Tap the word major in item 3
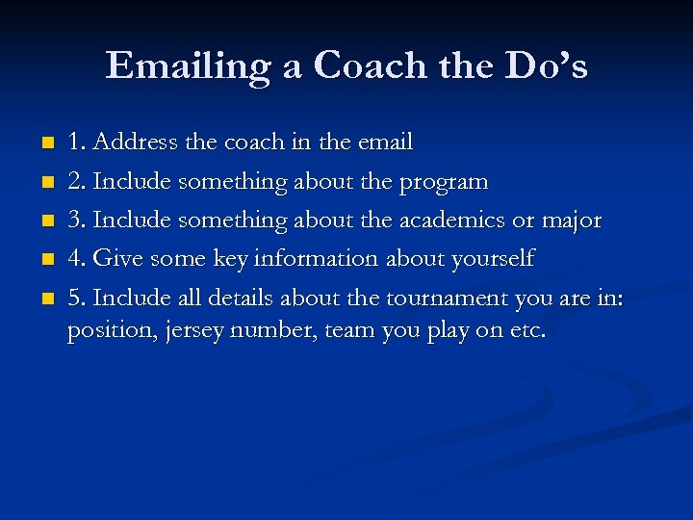pyautogui.click(x=573, y=221)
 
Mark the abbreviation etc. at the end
pyautogui.click(x=528, y=331)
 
